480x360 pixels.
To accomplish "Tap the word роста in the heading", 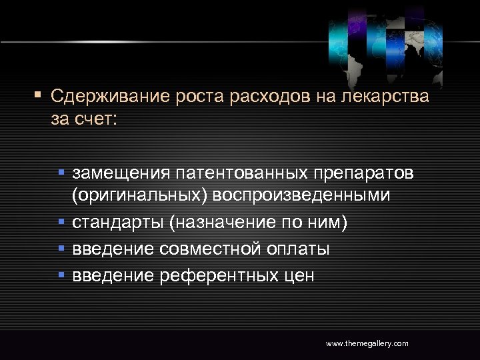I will (201, 97).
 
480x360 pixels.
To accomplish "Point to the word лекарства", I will (383, 97).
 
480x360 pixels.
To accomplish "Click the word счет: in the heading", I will (99, 120).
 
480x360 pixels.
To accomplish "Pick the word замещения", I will (121, 175).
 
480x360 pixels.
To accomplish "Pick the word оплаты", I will (299, 249).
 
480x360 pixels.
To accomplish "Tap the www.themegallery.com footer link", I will (367, 343).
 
